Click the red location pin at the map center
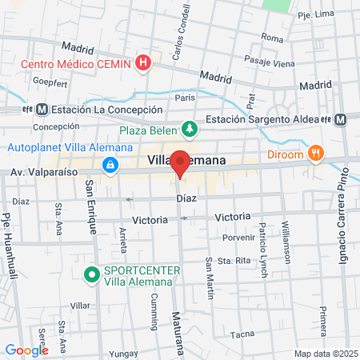pyautogui.click(x=181, y=163)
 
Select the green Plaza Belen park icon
pyautogui.click(x=189, y=128)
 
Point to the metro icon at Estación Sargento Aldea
pyautogui.click(x=341, y=119)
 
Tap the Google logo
pyautogui.click(x=26, y=350)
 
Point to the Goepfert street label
pyautogui.click(x=50, y=82)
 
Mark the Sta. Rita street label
pyautogui.click(x=230, y=261)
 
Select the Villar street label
pyautogui.click(x=80, y=306)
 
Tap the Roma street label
pyautogui.click(x=272, y=38)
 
